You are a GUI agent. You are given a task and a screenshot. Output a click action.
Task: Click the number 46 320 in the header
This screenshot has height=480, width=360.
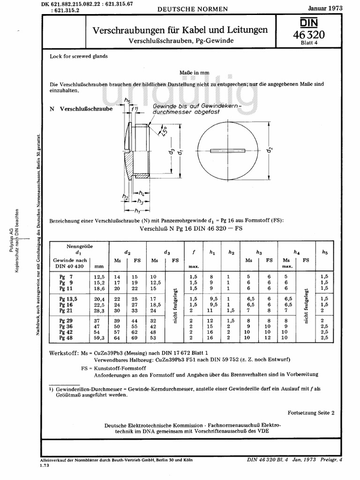click(309, 35)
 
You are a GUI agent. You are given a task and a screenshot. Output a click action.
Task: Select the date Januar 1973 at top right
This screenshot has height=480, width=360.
click(324, 8)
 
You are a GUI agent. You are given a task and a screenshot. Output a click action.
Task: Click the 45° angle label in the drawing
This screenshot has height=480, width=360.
click(164, 132)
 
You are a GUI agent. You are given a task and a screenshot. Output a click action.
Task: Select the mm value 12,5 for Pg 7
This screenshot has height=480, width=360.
click(98, 277)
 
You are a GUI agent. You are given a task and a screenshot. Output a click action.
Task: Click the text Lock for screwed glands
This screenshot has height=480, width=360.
click(79, 56)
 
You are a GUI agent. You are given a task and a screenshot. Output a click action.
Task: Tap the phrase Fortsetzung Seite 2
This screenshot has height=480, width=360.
click(311, 413)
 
